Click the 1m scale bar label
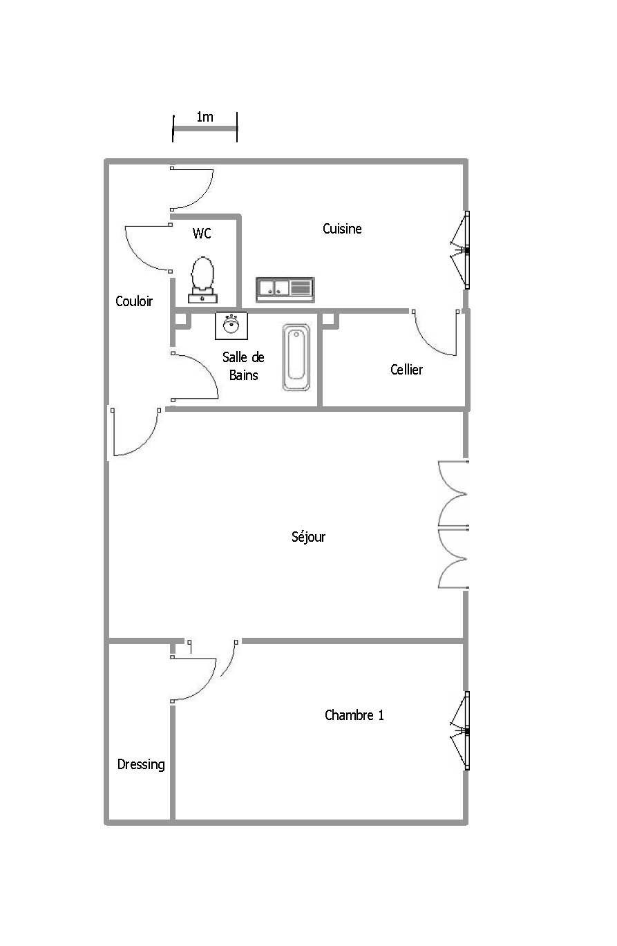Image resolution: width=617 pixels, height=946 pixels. point(205,117)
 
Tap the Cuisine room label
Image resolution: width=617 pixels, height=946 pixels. point(342,229)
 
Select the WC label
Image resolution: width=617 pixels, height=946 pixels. point(202,233)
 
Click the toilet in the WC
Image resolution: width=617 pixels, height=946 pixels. point(202,280)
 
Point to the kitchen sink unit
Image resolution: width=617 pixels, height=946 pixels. point(285,290)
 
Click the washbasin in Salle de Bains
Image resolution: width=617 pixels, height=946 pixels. point(231,325)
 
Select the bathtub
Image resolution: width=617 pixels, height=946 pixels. point(296,357)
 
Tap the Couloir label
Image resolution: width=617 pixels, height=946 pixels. point(134,301)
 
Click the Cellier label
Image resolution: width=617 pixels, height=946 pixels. point(406,370)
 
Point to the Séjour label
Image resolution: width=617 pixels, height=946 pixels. point(308,537)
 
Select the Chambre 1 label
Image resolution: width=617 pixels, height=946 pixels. point(354,715)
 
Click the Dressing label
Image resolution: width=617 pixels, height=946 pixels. point(141,764)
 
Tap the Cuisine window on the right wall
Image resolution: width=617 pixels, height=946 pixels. point(459,250)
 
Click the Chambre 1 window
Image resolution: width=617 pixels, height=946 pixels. point(459,730)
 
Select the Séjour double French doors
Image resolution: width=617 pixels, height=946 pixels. point(453,524)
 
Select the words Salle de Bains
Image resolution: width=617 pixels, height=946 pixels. point(243,366)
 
